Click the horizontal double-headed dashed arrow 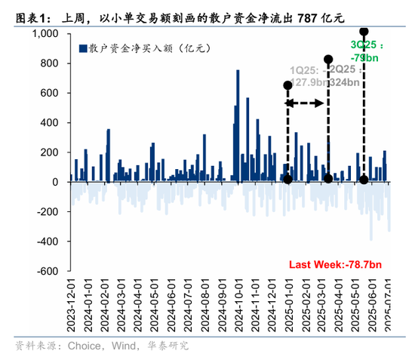(x=307, y=100)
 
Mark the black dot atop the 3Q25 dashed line (x=364, y=32)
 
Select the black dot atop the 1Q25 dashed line (x=287, y=85)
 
